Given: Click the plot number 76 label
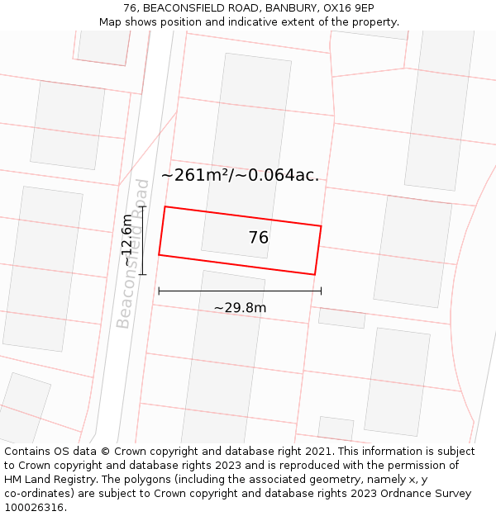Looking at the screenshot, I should pos(259,238).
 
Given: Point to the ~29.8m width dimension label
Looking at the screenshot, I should pos(240,308).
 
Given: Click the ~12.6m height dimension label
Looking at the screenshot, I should pos(126,239).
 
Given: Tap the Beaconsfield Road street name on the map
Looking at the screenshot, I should pos(133,253).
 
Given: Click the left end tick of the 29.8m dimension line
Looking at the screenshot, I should pos(159,291).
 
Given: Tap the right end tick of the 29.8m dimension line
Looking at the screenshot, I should pos(321,291).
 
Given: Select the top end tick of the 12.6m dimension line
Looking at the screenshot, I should pos(143,206).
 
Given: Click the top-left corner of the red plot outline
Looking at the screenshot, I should pos(165,206).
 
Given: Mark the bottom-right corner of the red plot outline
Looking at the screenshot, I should pos(315,274).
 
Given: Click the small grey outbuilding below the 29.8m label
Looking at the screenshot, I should pos(341,318).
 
